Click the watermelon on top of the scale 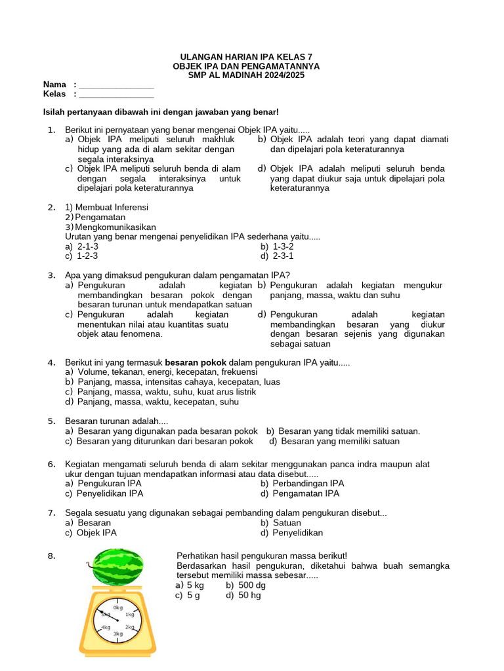coord(117,567)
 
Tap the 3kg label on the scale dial coord(117,634)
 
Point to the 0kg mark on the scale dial coord(117,607)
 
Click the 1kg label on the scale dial coord(130,615)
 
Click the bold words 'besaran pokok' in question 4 coord(196,362)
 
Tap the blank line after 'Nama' coord(115,85)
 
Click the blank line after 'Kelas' coord(115,94)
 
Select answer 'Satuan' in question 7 coord(287,523)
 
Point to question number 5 coord(51,421)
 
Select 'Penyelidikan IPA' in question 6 coord(110,493)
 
